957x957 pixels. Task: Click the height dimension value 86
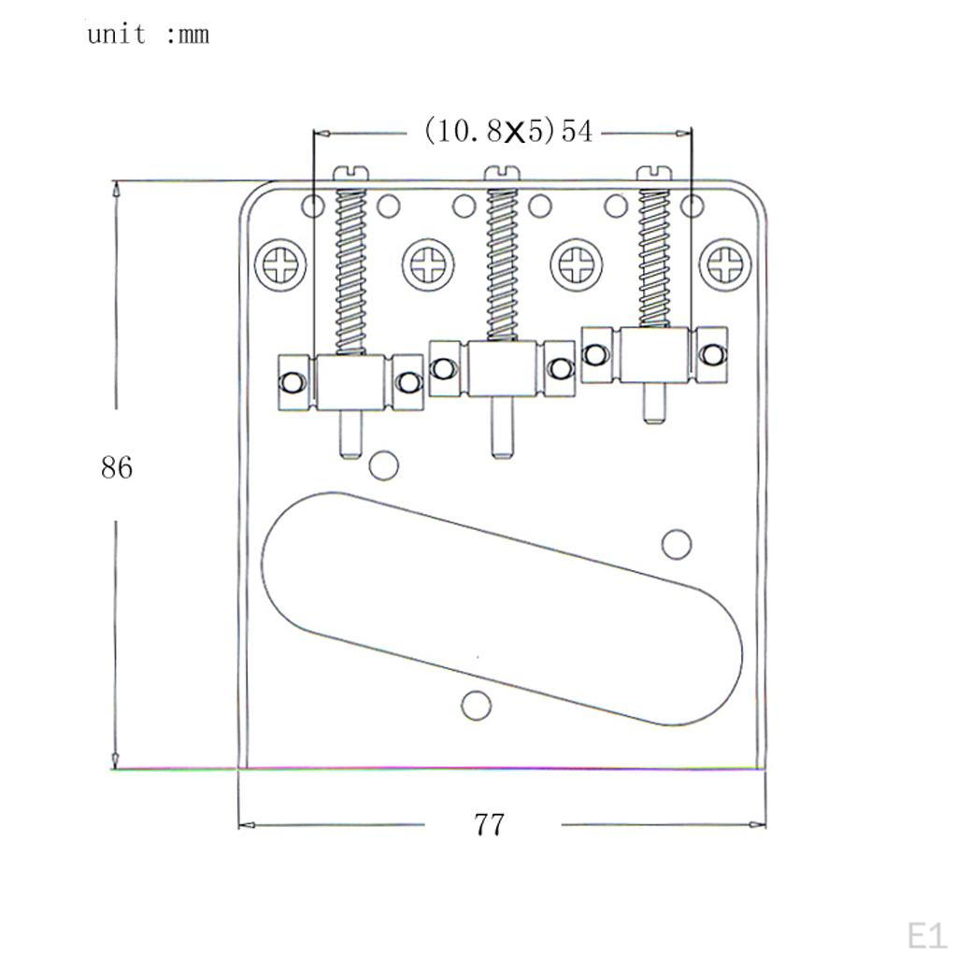(x=117, y=467)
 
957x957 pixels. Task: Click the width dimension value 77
(x=489, y=824)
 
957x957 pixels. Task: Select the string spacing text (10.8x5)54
(x=507, y=131)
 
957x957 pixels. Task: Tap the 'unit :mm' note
(x=148, y=35)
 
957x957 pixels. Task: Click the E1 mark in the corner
(x=926, y=935)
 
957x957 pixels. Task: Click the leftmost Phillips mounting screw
(x=280, y=265)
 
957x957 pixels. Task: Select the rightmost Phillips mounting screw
(x=725, y=265)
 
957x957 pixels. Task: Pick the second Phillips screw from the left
(x=429, y=265)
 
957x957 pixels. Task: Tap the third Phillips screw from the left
(x=577, y=265)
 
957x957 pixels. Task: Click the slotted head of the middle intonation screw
(x=502, y=172)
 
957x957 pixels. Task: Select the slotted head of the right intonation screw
(x=654, y=172)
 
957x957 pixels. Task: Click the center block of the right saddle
(x=654, y=354)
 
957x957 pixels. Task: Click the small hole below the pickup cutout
(x=477, y=706)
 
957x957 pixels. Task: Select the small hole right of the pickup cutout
(x=676, y=544)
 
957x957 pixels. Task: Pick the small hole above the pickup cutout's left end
(x=382, y=464)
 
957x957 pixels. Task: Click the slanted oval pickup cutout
(x=502, y=607)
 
